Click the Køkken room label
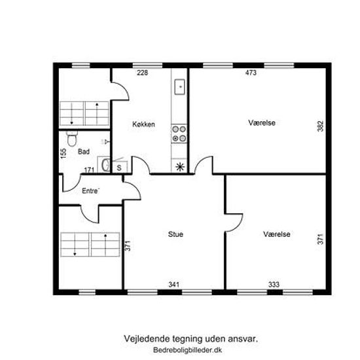[x=143, y=124]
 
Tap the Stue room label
[x=175, y=234]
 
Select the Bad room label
[x=84, y=152]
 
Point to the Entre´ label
[x=91, y=190]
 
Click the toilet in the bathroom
[x=72, y=139]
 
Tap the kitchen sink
[x=179, y=87]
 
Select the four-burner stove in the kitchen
[x=179, y=134]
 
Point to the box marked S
[x=119, y=168]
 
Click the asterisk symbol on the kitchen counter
[x=180, y=167]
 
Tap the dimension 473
[x=251, y=73]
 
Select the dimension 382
[x=320, y=126]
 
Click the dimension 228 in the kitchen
[x=142, y=73]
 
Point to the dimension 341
[x=174, y=285]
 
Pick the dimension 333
[x=274, y=285]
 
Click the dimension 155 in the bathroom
[x=63, y=153]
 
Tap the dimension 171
[x=89, y=170]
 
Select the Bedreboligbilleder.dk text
[x=188, y=350]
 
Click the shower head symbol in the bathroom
[x=106, y=142]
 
